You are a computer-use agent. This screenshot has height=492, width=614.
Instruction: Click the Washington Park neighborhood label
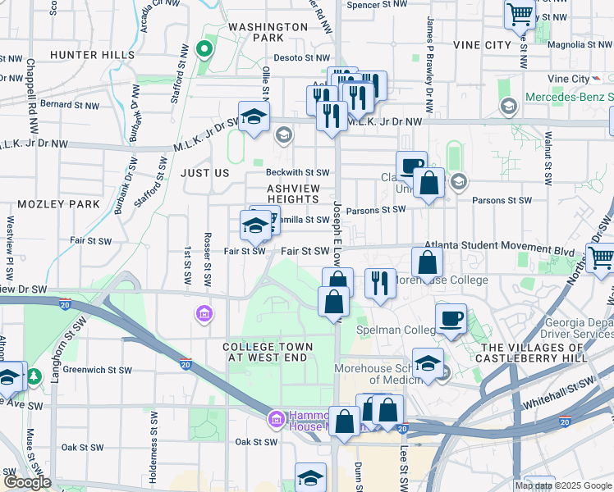pyautogui.click(x=268, y=32)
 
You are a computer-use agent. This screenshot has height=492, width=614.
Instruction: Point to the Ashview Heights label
pyautogui.click(x=293, y=194)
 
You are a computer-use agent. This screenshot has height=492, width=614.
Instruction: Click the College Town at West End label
pyautogui.click(x=268, y=353)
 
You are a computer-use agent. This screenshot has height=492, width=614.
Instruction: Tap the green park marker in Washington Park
pyautogui.click(x=202, y=49)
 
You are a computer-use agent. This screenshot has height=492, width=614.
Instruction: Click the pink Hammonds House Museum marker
pyautogui.click(x=277, y=420)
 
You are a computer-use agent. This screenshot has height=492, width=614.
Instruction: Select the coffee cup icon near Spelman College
pyautogui.click(x=450, y=319)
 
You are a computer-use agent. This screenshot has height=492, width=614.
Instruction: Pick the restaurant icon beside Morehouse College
pyautogui.click(x=380, y=283)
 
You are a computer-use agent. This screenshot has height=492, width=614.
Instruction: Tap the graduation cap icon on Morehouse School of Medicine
pyautogui.click(x=428, y=362)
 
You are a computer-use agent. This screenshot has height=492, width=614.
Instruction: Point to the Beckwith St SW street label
pyautogui.click(x=297, y=172)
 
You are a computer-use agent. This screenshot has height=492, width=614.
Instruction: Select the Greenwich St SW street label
pyautogui.click(x=98, y=369)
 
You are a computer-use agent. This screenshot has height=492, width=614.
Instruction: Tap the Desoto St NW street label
pyautogui.click(x=298, y=58)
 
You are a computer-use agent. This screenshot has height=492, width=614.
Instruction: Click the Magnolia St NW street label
pyautogui.click(x=580, y=45)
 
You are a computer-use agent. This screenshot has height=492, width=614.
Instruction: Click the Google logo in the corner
pyautogui.click(x=27, y=482)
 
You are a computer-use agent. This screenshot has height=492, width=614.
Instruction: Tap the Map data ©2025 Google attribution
pyautogui.click(x=563, y=485)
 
